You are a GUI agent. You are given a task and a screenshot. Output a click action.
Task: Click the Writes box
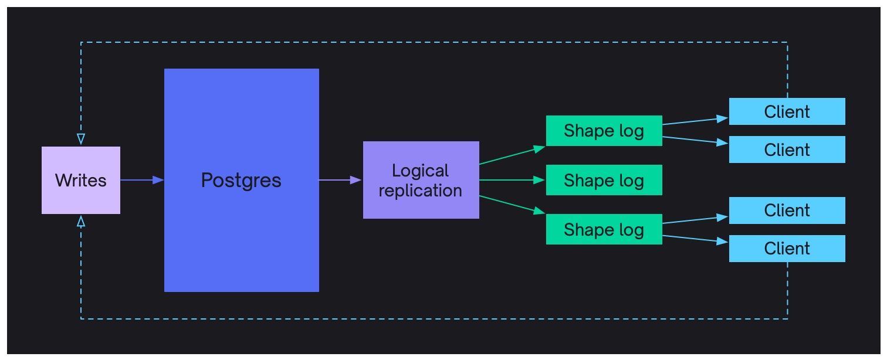click(81, 180)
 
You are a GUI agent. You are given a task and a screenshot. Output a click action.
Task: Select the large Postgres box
click(241, 180)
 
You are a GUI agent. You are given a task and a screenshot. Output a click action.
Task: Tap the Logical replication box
click(421, 180)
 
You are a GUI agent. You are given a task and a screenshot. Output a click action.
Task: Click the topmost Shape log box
click(604, 131)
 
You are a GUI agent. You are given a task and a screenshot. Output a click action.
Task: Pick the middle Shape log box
click(604, 180)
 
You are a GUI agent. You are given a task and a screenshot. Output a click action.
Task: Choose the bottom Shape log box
click(604, 229)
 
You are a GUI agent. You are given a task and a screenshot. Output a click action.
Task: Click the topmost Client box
click(787, 111)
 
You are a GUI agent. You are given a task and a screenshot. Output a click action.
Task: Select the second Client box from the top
click(787, 150)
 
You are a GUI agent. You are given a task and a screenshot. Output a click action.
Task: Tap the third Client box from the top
click(787, 210)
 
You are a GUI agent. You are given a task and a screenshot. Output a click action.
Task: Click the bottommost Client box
click(787, 249)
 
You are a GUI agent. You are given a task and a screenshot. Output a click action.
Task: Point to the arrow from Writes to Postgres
click(141, 180)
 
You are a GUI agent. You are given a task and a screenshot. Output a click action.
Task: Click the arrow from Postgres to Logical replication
click(340, 180)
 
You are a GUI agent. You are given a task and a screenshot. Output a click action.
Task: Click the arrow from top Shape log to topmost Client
click(695, 121)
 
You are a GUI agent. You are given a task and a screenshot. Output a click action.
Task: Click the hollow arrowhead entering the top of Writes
click(81, 140)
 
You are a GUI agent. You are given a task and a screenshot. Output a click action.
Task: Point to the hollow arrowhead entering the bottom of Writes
click(81, 220)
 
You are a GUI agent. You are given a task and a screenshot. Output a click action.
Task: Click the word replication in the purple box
click(421, 191)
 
